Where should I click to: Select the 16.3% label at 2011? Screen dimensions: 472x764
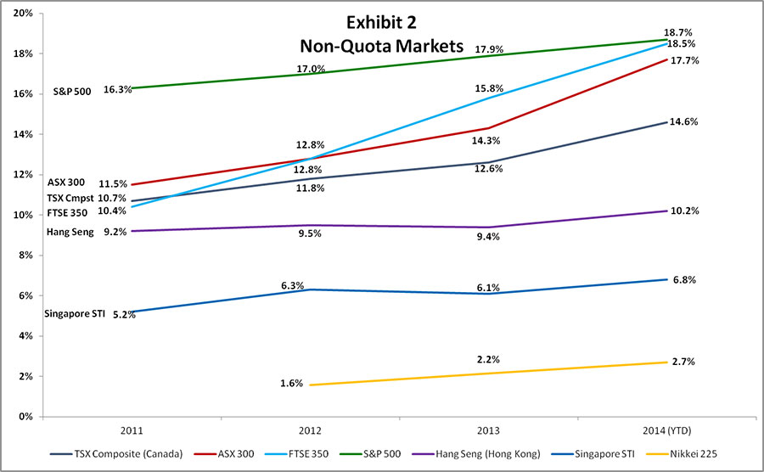point(117,88)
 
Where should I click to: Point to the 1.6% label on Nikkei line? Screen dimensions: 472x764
point(291,384)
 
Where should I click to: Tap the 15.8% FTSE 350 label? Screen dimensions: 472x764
point(490,87)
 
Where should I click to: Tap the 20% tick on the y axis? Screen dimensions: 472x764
point(22,14)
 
